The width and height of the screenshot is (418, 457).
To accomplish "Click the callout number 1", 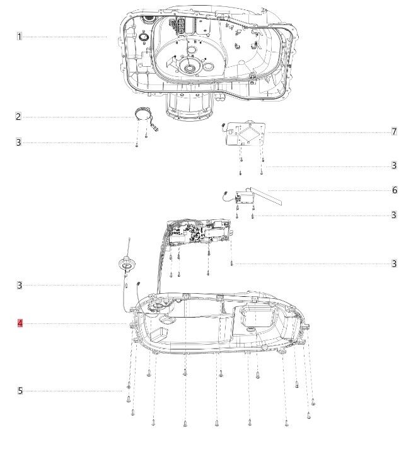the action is tap(20, 37).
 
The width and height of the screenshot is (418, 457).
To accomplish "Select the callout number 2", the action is tap(18, 117).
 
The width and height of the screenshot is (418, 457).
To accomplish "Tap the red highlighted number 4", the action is tap(20, 323).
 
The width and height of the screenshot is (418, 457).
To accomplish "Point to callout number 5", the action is tap(20, 391).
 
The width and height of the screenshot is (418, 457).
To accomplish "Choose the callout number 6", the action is tap(395, 190).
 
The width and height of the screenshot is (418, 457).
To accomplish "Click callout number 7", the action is tap(394, 132).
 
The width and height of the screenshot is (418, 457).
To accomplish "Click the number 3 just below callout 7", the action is tap(394, 166).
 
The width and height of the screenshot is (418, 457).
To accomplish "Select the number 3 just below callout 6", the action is tap(394, 215).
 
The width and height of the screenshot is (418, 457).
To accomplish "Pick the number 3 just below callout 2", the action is tap(19, 142).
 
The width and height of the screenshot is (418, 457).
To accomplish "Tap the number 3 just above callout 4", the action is tap(20, 285).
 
